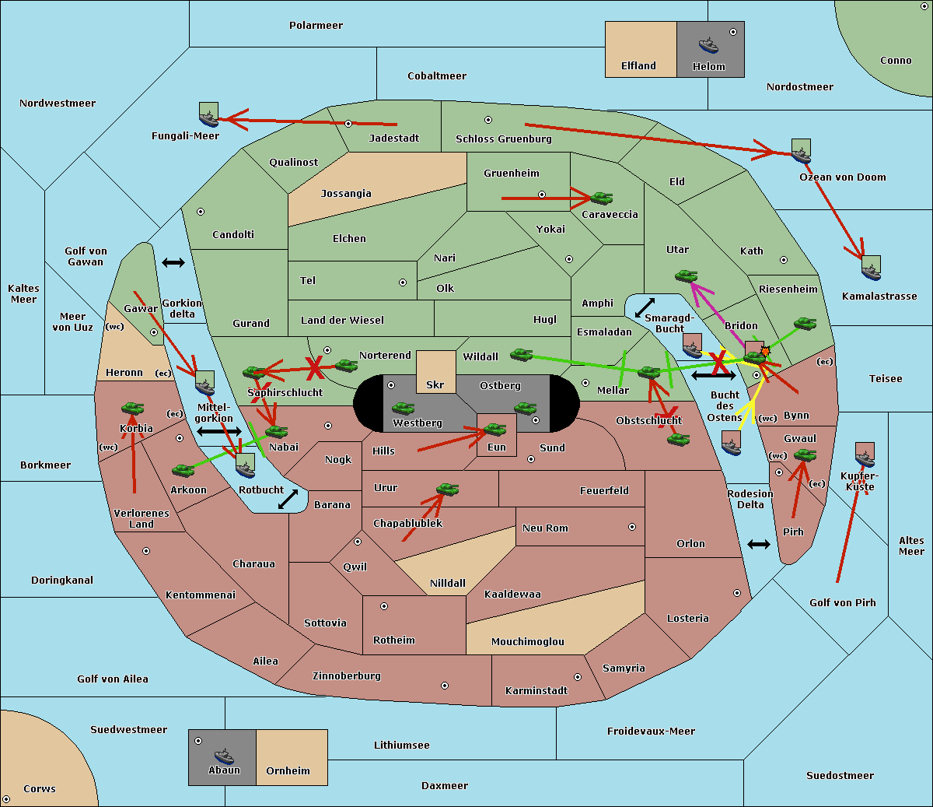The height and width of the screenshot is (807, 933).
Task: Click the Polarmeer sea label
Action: (316, 26)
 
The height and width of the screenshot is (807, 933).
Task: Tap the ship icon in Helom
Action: (708, 45)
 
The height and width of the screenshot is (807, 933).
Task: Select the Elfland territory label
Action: (638, 66)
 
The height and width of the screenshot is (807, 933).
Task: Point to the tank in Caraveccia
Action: (601, 198)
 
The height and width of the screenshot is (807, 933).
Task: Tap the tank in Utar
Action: (686, 275)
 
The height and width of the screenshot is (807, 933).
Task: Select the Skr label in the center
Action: (435, 384)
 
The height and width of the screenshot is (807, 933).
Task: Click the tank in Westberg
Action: (403, 408)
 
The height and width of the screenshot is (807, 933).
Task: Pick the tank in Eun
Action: (495, 429)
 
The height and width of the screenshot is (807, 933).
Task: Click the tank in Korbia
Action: (132, 408)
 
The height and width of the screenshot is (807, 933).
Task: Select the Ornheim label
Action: (288, 771)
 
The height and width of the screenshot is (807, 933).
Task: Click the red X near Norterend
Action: (315, 367)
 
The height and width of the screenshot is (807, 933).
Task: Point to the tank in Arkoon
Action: (183, 470)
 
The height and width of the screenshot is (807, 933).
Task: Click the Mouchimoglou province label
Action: (527, 642)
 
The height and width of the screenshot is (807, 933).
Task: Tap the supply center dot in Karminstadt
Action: (577, 677)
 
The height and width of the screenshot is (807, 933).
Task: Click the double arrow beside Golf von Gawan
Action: (173, 262)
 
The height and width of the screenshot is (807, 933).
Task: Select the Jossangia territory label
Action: (346, 194)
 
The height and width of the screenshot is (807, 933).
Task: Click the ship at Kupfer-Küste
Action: (865, 454)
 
